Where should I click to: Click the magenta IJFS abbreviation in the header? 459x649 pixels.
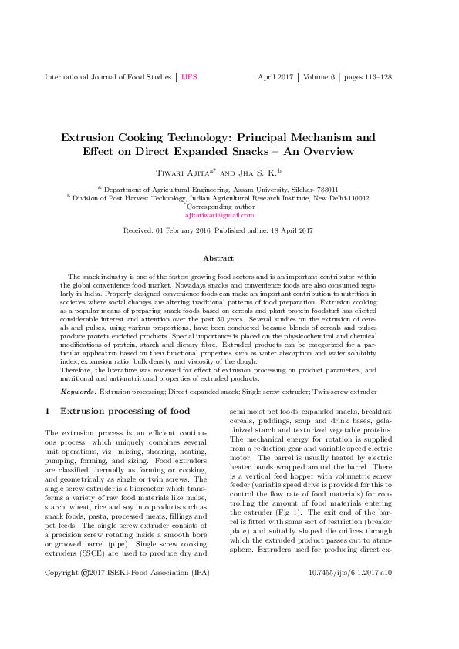pos(190,77)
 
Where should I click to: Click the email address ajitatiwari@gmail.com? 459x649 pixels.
pos(229,217)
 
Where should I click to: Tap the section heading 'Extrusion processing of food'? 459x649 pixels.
pos(124,412)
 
